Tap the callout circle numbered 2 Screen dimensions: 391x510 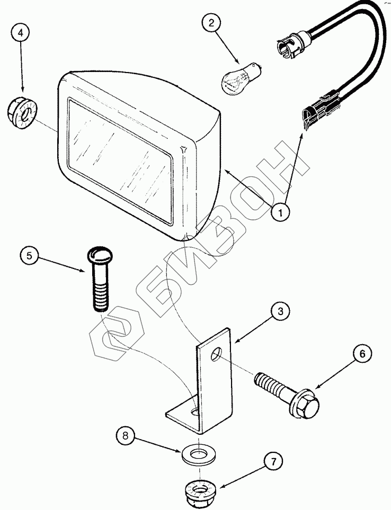pos(211,23)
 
